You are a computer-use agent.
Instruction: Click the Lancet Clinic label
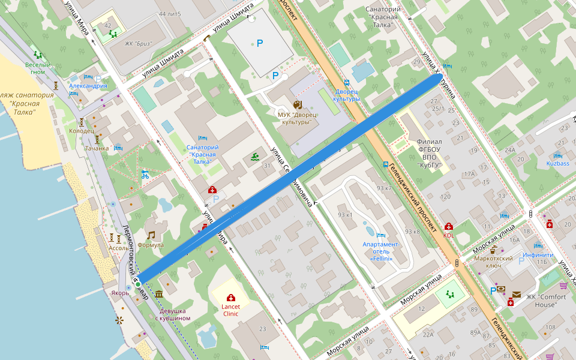click(231, 310)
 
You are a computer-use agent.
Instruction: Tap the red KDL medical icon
click(449, 227)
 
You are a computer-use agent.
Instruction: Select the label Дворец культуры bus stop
click(347, 95)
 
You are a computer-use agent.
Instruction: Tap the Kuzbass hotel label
click(557, 163)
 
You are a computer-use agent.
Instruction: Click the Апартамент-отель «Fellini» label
click(380, 251)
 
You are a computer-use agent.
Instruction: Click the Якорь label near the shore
click(120, 293)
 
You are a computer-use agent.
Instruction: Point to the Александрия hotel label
click(87, 86)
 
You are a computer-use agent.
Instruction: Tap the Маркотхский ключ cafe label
click(494, 261)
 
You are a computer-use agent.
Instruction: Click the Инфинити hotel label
click(538, 254)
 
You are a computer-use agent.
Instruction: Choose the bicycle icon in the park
click(145, 176)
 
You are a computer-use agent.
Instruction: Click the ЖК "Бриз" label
click(139, 43)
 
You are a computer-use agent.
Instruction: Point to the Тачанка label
click(97, 148)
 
